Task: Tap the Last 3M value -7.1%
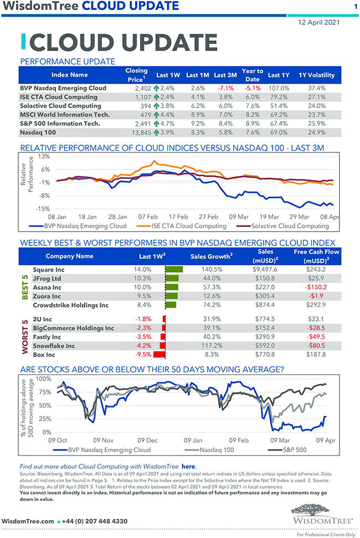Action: pos(225,88)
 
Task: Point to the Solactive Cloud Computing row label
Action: pos(60,106)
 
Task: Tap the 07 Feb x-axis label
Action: pos(148,217)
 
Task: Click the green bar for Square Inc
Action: pos(174,269)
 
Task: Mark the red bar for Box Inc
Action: pos(160,355)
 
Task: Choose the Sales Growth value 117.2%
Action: pos(209,346)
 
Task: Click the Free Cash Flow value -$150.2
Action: pos(316,287)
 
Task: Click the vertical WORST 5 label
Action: pos(25,337)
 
